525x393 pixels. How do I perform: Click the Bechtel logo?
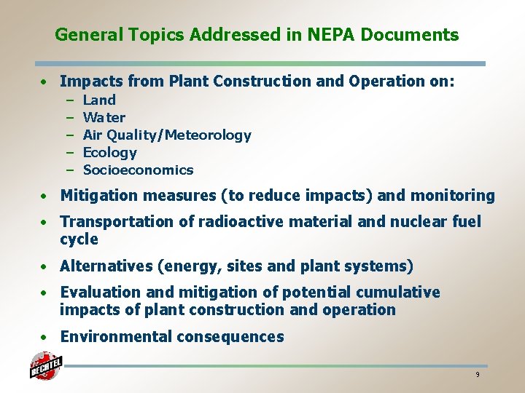click(45, 366)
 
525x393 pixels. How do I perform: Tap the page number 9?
click(477, 375)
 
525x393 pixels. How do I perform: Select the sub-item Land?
click(99, 100)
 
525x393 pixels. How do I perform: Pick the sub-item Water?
click(104, 117)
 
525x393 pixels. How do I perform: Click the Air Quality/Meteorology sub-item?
click(167, 135)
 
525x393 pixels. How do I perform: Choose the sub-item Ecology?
click(110, 152)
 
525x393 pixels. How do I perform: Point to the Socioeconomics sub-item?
click(139, 170)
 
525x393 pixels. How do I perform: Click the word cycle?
click(79, 239)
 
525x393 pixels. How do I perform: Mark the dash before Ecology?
click(71, 152)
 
